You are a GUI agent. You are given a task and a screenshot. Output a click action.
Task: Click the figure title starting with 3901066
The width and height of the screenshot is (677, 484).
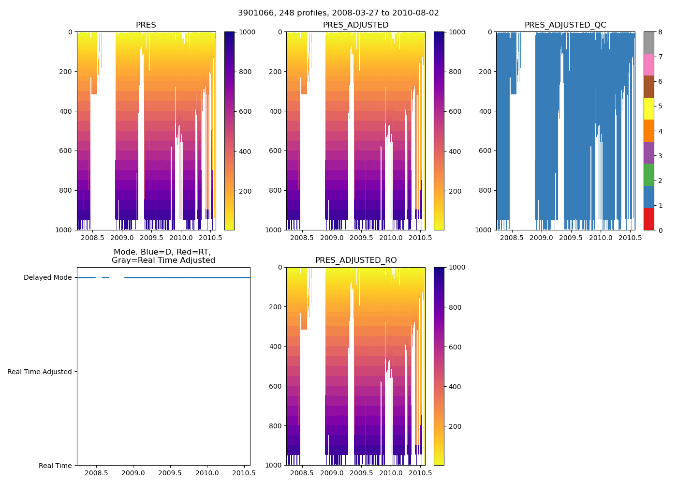(x=338, y=13)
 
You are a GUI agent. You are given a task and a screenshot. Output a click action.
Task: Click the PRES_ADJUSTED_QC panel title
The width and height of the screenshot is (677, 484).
(x=565, y=25)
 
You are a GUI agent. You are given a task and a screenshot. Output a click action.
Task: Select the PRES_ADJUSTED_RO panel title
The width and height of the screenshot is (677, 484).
(x=356, y=260)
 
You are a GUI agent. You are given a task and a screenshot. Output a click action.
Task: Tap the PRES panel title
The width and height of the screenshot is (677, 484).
(x=146, y=25)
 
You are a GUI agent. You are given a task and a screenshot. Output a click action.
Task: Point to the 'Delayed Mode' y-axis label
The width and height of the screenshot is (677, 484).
(x=47, y=278)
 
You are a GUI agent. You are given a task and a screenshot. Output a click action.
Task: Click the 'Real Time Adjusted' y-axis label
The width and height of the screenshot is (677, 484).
(x=40, y=372)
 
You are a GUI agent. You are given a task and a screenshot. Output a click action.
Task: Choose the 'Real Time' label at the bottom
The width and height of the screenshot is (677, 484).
(x=55, y=466)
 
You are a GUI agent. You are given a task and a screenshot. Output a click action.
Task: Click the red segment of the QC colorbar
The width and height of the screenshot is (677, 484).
(x=648, y=219)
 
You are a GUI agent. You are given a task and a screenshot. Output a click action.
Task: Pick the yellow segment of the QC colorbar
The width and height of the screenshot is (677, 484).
(x=648, y=109)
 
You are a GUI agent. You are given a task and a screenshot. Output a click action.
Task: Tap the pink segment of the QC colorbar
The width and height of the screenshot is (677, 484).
(x=648, y=65)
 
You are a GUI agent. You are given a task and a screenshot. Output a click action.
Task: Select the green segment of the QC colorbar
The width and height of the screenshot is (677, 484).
(x=648, y=175)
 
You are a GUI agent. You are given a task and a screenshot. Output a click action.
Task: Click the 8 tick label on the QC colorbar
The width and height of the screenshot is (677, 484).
(x=661, y=32)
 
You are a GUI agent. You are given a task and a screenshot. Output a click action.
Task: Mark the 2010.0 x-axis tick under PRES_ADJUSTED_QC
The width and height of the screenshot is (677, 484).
(x=601, y=238)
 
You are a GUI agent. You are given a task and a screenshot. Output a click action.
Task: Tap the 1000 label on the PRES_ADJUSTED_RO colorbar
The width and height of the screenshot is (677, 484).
(x=457, y=268)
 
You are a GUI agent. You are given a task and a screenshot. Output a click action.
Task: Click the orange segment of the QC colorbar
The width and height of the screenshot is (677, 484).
(x=648, y=131)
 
